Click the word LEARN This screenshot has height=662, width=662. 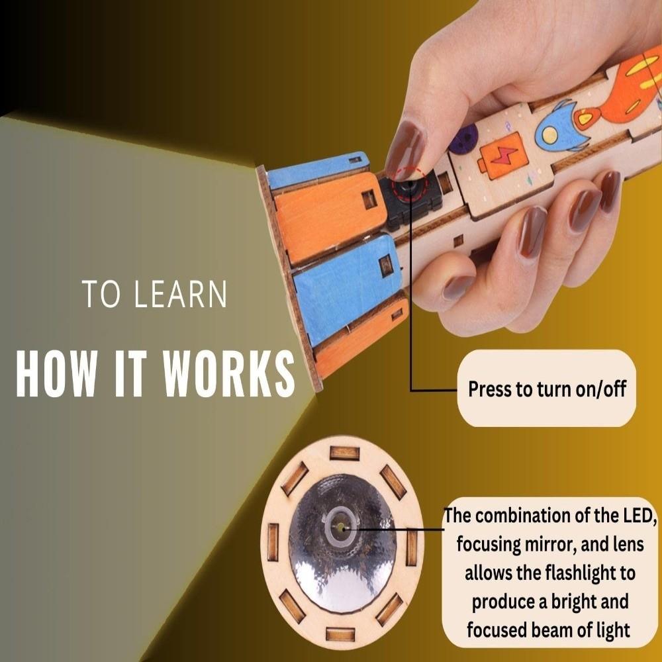[180, 295]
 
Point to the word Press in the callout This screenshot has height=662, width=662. [491, 389]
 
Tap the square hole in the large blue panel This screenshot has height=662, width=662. [385, 265]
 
